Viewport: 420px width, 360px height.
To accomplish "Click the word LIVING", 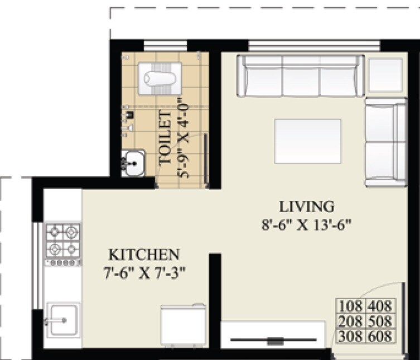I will [x=306, y=207].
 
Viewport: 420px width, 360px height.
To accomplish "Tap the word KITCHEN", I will [x=144, y=255].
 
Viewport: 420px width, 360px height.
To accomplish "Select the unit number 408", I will [x=380, y=306].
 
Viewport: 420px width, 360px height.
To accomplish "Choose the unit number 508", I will [x=380, y=321].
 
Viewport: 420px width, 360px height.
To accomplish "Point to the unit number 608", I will [x=380, y=336].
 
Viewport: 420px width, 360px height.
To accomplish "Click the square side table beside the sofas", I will [x=387, y=74].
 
